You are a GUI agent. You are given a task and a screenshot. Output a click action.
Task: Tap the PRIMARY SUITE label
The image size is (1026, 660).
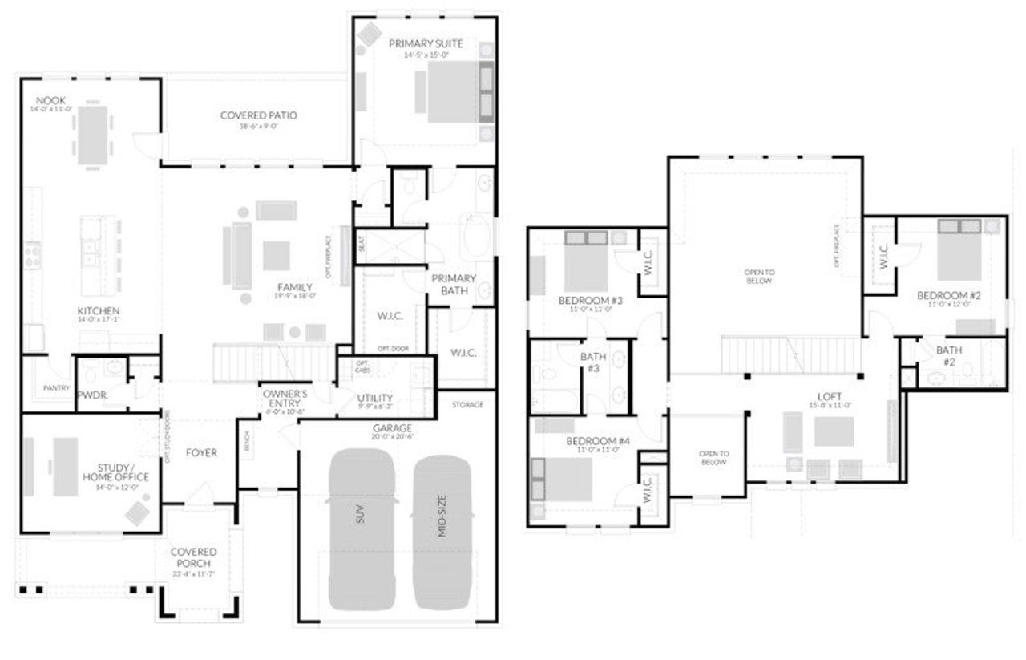[x=426, y=43]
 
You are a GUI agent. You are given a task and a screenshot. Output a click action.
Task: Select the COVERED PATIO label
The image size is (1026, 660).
[x=258, y=115]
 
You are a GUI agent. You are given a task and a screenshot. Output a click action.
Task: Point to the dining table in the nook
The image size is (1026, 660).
[x=92, y=135]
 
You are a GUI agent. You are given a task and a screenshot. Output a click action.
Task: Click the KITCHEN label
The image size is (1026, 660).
[x=99, y=310]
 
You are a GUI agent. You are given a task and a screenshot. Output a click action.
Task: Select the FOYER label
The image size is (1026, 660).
[x=201, y=452]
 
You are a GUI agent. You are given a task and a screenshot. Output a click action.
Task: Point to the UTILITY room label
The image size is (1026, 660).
[x=374, y=398]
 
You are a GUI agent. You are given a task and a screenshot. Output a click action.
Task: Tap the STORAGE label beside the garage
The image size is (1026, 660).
[x=467, y=404]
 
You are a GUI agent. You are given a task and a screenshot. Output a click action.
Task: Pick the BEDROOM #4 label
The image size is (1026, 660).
[x=598, y=441]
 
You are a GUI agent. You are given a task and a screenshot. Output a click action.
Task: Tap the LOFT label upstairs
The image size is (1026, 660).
[x=829, y=395]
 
